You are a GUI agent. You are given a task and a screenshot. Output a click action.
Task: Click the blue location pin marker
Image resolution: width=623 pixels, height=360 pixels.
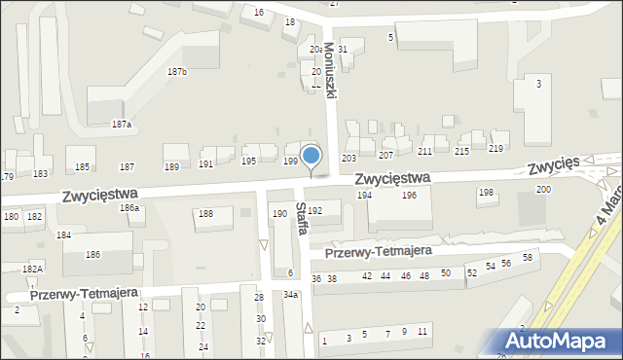[x=311, y=157]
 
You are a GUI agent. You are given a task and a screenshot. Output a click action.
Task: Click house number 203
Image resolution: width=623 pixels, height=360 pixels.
[x=348, y=158]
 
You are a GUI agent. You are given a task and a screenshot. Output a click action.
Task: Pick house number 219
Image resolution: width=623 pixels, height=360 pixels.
[x=495, y=149]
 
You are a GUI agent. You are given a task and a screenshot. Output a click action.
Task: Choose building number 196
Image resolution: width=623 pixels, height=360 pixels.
[x=410, y=196]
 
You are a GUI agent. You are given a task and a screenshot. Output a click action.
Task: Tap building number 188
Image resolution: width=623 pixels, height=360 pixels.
[x=205, y=213]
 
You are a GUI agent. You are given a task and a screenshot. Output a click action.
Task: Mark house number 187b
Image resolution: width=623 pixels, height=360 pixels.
[x=176, y=72]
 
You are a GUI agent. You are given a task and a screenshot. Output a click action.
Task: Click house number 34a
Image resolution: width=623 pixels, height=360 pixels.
[x=290, y=294]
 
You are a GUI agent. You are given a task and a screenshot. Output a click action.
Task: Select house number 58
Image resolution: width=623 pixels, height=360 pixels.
[x=528, y=258]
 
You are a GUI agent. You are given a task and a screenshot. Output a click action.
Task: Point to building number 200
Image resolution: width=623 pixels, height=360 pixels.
[x=543, y=189]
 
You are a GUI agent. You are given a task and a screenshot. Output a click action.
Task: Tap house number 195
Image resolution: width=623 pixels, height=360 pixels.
[x=248, y=161]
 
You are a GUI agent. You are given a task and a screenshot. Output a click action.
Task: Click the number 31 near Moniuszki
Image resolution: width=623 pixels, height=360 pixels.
[x=343, y=49]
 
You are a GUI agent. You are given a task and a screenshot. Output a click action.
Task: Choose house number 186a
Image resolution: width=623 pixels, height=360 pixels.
[x=129, y=208]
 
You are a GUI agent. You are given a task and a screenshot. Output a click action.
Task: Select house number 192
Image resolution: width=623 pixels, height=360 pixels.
[x=314, y=210]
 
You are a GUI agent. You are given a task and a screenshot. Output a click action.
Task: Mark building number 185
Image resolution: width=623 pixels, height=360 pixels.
[x=83, y=167]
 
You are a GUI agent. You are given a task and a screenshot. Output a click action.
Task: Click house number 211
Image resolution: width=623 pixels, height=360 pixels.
[x=424, y=152]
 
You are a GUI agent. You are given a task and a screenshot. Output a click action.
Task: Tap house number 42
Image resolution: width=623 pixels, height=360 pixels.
[x=366, y=276]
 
